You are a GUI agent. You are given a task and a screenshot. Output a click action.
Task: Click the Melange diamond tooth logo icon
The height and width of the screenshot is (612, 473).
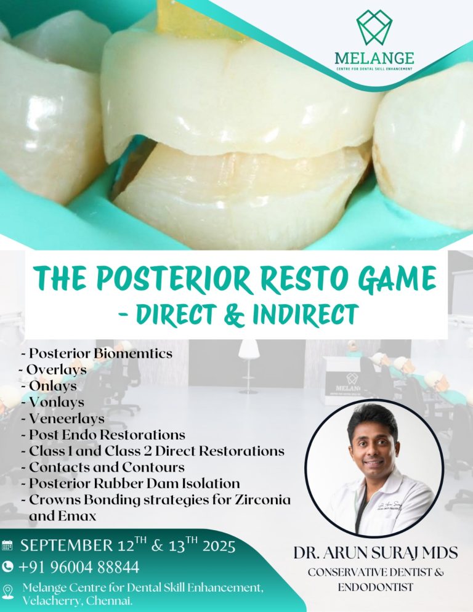pyautogui.click(x=374, y=26)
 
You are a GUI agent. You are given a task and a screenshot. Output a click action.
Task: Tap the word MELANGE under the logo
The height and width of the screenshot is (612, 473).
pyautogui.click(x=374, y=58)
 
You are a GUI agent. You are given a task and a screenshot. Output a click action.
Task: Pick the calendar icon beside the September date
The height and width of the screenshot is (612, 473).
pyautogui.click(x=7, y=546)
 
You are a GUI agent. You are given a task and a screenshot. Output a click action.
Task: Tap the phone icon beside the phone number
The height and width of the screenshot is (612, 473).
pyautogui.click(x=7, y=566)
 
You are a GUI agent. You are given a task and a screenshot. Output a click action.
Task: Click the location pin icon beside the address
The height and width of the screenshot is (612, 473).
pyautogui.click(x=8, y=592)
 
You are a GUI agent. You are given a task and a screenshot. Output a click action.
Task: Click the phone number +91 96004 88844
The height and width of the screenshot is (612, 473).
pyautogui.click(x=78, y=566)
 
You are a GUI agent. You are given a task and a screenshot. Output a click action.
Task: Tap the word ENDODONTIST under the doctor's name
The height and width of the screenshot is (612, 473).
pyautogui.click(x=375, y=587)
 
